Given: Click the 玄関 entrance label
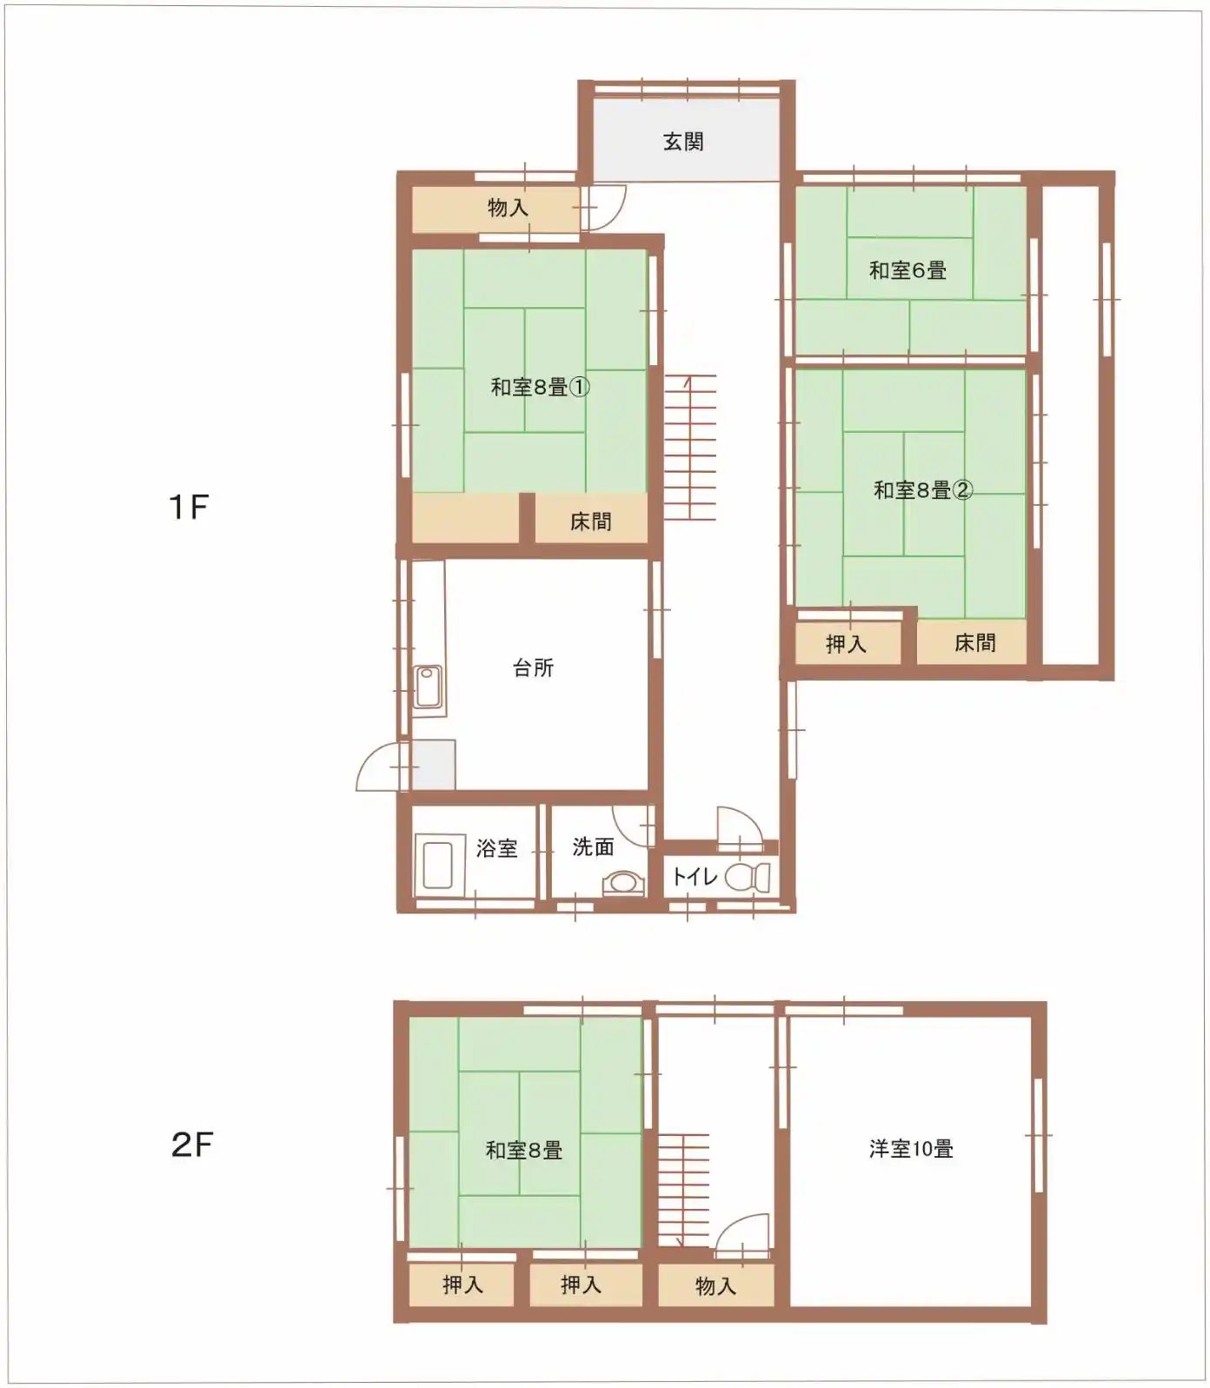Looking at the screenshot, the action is [683, 142].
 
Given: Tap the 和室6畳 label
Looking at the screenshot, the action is [907, 270].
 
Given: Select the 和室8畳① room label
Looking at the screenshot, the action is [541, 387].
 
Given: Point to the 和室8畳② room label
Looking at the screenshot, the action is [923, 490].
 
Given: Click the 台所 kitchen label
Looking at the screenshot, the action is [533, 667].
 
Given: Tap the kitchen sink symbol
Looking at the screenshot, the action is [428, 687].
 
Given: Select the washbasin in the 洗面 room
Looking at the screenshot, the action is [623, 883].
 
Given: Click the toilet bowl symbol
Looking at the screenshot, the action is [748, 878].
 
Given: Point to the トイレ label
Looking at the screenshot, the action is [695, 876].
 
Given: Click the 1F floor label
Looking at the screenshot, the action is [189, 507].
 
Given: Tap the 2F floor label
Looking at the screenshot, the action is [192, 1145].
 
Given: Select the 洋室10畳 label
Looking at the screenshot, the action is [911, 1149].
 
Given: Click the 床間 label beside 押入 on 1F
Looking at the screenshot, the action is [974, 643].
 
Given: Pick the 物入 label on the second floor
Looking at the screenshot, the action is [715, 1286].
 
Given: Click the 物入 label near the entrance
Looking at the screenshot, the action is [508, 208].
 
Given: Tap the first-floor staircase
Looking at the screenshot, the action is [690, 448].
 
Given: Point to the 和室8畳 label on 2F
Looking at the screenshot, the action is [524, 1151].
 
